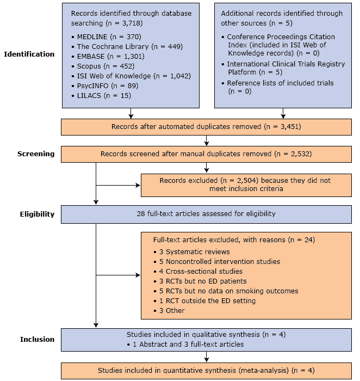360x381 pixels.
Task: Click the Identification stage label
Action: [29, 54]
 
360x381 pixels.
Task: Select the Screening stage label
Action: [36, 153]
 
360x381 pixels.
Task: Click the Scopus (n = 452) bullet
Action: [102, 66]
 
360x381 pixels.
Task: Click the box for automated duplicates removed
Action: [206, 127]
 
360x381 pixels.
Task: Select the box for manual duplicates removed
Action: [206, 154]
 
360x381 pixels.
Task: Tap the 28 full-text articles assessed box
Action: [206, 214]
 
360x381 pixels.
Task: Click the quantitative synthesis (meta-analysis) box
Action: [206, 370]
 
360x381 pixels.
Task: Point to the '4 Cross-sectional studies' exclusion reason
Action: [197, 271]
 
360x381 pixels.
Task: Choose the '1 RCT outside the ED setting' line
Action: [204, 300]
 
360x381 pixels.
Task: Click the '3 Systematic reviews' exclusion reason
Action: [191, 251]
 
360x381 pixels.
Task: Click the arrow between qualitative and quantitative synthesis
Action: [206, 356]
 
